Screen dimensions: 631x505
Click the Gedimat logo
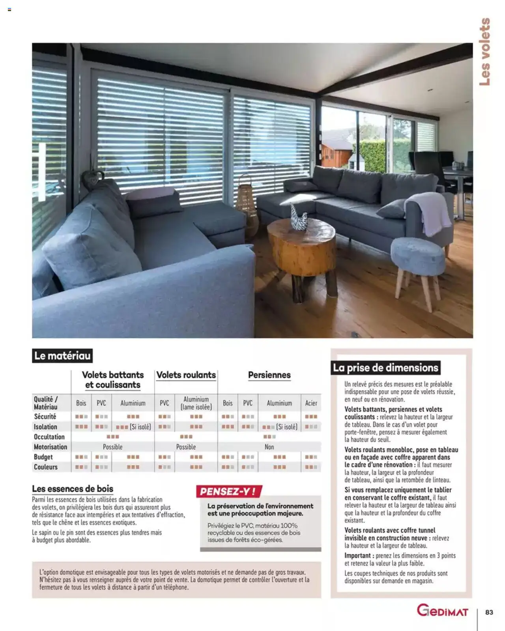tap(442, 611)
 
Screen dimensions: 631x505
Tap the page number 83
tap(489, 612)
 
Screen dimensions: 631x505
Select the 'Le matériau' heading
tap(62, 356)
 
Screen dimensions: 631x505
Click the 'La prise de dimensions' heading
tap(385, 368)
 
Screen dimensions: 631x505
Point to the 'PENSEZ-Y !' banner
tap(228, 491)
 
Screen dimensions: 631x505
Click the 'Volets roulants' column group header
tap(186, 375)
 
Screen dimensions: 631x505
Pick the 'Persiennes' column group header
tap(269, 375)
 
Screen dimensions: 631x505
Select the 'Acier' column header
tap(311, 403)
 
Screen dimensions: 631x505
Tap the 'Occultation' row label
tap(49, 437)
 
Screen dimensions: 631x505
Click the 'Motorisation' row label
tap(50, 447)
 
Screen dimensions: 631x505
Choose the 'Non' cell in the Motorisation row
tap(269, 447)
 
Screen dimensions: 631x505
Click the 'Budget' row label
tap(43, 457)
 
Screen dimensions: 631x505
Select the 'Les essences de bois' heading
tap(73, 489)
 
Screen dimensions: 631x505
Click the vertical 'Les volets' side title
tap(485, 51)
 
